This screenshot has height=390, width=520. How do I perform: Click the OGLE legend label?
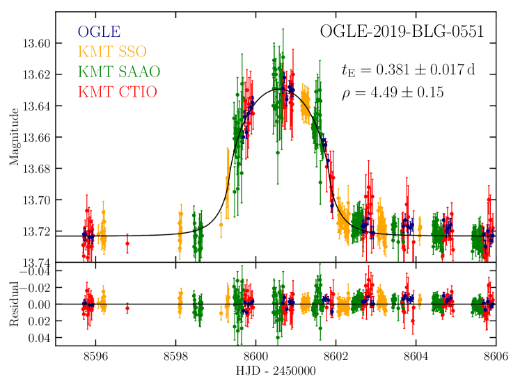(x=99, y=31)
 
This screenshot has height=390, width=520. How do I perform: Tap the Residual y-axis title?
(x=13, y=304)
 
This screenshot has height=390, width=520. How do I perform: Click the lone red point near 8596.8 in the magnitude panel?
(x=127, y=243)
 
